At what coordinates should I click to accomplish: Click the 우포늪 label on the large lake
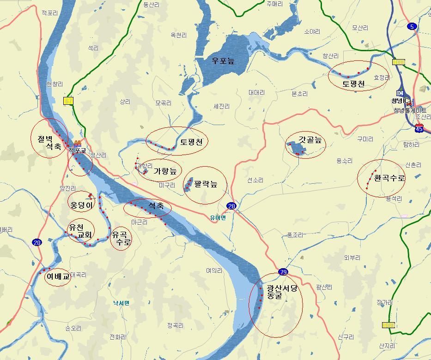click(x=223, y=60)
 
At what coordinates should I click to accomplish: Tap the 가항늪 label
click(x=165, y=171)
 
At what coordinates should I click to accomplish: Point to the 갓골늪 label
click(x=310, y=140)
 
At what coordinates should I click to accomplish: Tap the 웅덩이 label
click(x=81, y=204)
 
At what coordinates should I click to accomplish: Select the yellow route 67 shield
click(x=68, y=101)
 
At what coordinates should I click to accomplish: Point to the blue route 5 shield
click(x=412, y=26)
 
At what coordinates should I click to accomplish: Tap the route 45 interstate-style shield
click(x=419, y=129)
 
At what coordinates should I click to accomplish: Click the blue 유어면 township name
click(x=218, y=218)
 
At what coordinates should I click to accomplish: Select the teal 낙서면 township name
click(x=121, y=303)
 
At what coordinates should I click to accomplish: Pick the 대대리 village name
click(x=256, y=92)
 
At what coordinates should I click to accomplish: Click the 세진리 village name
click(x=221, y=106)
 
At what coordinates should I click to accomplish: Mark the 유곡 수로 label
click(x=121, y=238)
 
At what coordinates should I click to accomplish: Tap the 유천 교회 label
click(x=80, y=231)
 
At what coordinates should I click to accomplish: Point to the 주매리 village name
click(x=274, y=4)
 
